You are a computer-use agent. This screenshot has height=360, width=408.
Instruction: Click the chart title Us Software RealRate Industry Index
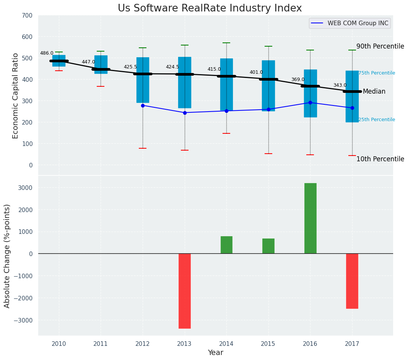210,8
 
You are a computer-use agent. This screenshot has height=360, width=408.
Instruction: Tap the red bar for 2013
185,290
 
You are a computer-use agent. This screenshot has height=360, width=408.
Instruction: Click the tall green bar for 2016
310,218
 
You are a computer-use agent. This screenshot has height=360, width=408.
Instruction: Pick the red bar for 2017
352,281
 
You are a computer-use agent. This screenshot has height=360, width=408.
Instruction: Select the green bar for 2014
226,245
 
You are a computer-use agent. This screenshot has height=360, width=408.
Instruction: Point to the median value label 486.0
47,53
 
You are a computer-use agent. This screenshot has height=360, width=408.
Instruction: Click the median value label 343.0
340,85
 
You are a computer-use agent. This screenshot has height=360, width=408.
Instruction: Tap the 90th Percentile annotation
380,47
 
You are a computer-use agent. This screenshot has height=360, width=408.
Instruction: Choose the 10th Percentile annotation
380,159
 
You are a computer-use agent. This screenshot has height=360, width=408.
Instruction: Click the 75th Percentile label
377,73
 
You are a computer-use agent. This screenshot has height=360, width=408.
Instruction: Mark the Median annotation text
374,92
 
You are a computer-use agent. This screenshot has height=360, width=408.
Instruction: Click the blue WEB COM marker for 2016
310,102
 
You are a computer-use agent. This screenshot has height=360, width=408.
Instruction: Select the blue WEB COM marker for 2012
143,105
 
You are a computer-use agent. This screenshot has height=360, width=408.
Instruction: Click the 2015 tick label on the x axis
268,344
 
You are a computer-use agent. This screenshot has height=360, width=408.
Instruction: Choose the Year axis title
215,353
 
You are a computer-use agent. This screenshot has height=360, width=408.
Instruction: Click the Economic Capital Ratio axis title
16,96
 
